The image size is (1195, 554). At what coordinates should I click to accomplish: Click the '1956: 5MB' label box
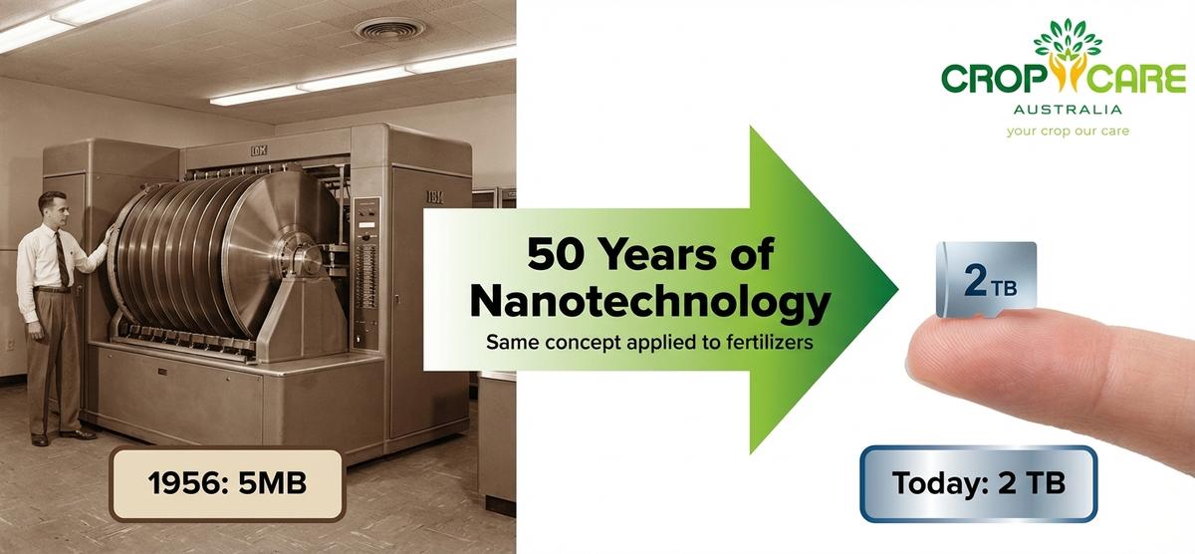[x=228, y=484]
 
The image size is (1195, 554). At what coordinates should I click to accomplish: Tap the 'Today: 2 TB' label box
[x=979, y=483]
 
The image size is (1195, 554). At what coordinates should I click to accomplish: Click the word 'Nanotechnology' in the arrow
[x=650, y=302]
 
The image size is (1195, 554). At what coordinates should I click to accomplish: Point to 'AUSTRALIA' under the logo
[x=1067, y=110]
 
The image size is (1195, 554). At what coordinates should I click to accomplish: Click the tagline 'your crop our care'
[x=1067, y=132]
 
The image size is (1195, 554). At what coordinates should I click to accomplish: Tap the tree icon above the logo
[x=1067, y=40]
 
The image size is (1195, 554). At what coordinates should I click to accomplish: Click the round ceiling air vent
[x=389, y=29]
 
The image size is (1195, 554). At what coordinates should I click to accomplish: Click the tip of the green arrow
[x=896, y=289]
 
